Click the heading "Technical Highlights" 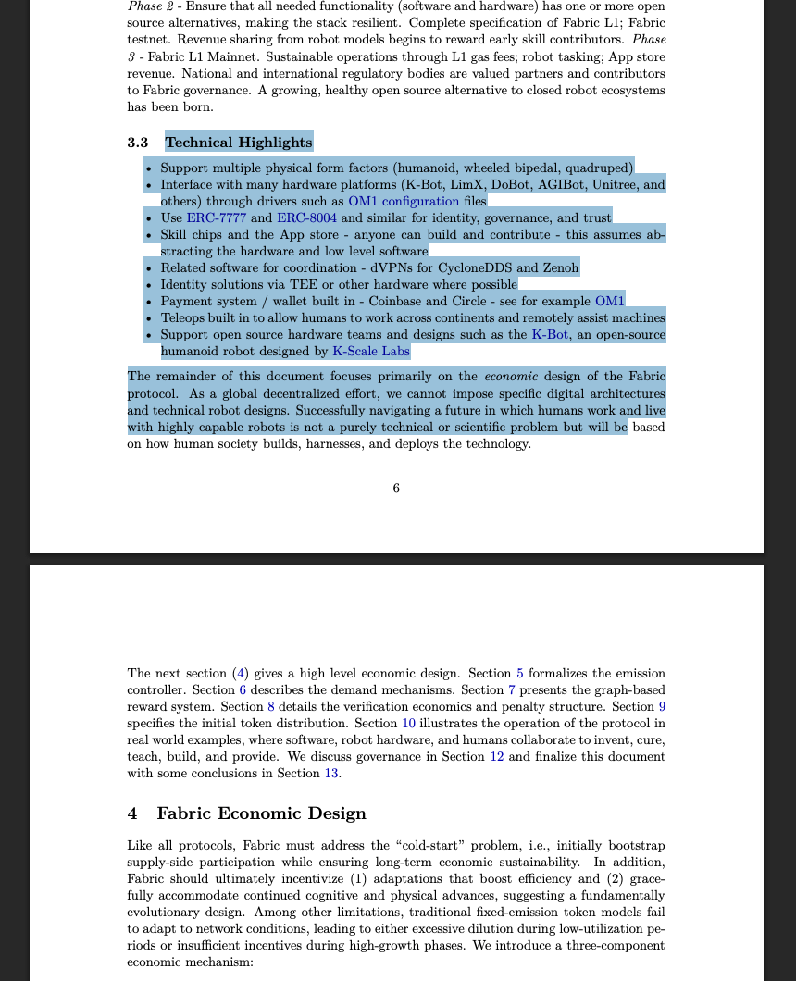239,142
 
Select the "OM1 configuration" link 404,201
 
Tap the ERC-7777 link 217,217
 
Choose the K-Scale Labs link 370,351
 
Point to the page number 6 396,488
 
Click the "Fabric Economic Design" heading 261,813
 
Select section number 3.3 138,143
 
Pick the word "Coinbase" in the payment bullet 399,301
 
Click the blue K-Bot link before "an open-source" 550,334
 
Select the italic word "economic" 507,376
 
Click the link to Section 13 330,774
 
